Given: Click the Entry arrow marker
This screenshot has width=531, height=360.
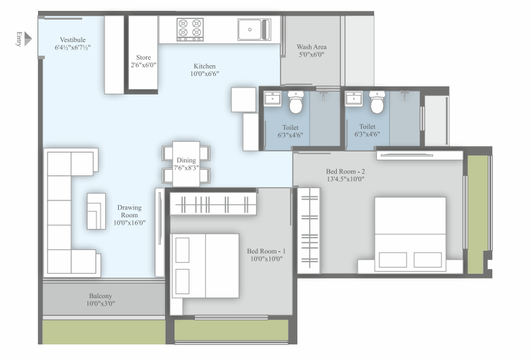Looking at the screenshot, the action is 28,39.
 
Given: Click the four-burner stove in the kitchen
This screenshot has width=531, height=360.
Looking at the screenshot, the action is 190,29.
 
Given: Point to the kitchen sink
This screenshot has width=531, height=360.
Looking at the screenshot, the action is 254,29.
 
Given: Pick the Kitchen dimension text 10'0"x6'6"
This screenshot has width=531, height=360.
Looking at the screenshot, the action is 204,74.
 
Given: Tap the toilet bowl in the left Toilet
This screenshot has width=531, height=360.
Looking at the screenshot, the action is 295,102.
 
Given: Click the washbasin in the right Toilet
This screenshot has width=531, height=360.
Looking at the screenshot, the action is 354,99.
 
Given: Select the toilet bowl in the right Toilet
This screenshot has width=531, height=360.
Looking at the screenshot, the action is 377,102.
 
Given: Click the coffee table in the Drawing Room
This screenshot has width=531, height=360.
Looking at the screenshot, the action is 96,211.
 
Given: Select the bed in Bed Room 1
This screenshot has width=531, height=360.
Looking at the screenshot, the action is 206,266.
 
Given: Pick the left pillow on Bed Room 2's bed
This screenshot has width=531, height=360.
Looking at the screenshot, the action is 393,259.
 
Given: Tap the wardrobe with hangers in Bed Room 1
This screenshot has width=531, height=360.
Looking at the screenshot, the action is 213,204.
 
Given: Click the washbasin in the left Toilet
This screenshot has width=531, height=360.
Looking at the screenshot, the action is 272,99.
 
